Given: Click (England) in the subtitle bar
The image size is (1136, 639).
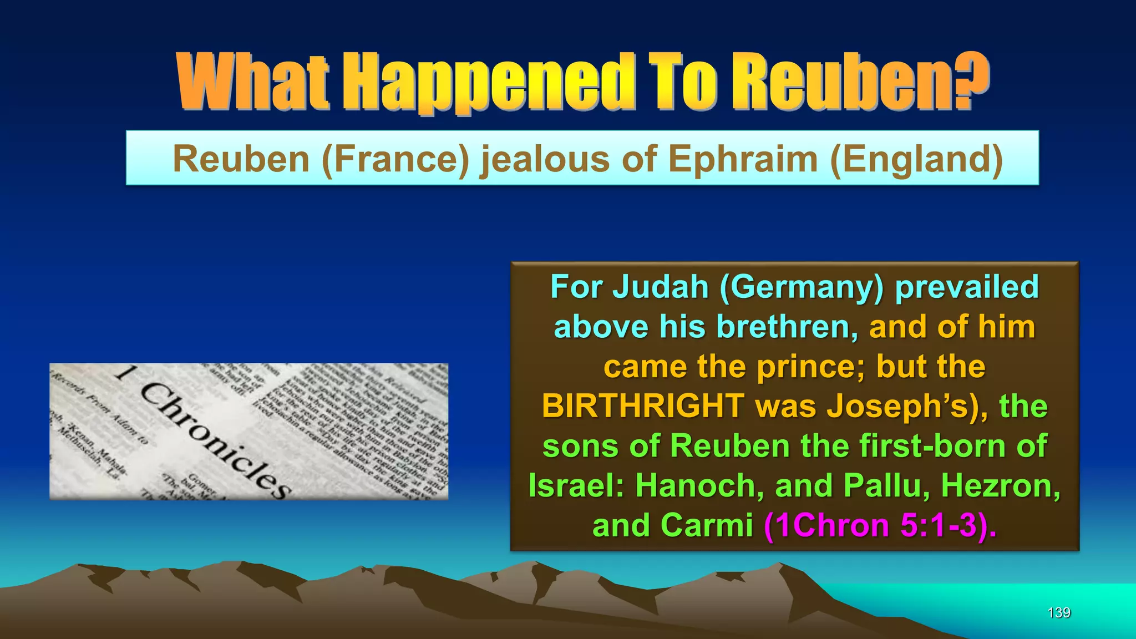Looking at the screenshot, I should pyautogui.click(x=916, y=159).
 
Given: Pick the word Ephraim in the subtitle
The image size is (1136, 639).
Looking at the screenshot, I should pyautogui.click(x=743, y=159).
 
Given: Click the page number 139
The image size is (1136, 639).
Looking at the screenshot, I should pyautogui.click(x=1058, y=612).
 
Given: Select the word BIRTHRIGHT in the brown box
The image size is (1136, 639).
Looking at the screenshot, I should pyautogui.click(x=643, y=406).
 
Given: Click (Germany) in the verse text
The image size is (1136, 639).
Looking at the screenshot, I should pyautogui.click(x=801, y=287).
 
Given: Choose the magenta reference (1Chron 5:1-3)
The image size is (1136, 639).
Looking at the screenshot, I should pyautogui.click(x=880, y=525).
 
